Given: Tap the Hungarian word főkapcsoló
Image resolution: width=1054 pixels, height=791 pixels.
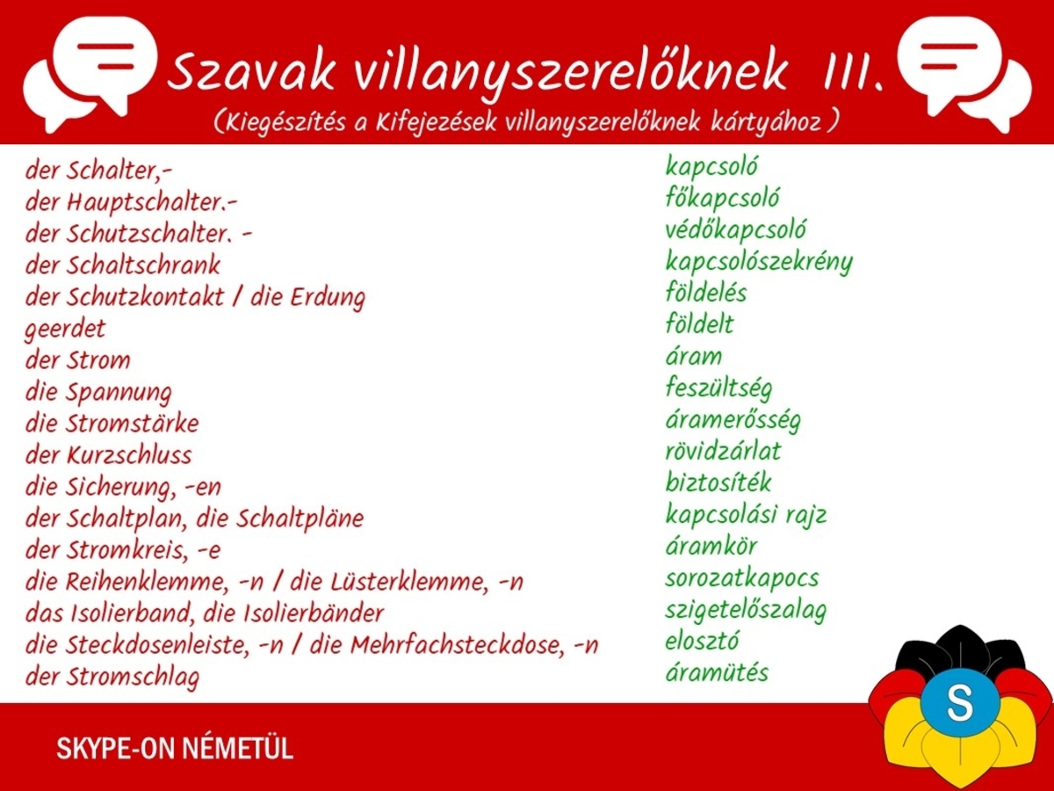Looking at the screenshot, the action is [x=723, y=199].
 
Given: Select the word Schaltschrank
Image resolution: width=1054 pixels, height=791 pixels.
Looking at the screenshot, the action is [x=143, y=265].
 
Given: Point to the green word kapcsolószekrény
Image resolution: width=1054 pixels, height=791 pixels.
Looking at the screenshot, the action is [x=759, y=262].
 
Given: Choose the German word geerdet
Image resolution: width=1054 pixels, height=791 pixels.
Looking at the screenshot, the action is [x=65, y=330].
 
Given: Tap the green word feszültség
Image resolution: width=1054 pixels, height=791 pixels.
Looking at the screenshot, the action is [x=718, y=388].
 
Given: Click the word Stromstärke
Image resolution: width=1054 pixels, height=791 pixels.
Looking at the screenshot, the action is [x=132, y=424].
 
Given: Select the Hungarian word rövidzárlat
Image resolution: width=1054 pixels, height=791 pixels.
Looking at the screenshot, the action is [x=723, y=452].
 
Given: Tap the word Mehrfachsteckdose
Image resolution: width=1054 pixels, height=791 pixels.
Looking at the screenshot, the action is [x=456, y=645].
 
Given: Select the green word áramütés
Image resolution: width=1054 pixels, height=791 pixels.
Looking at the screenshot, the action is [x=717, y=673].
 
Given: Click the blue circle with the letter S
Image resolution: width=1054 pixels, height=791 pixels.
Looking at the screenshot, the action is [x=960, y=702].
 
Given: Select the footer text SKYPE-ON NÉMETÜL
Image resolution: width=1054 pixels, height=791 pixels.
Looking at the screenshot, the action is [x=175, y=748].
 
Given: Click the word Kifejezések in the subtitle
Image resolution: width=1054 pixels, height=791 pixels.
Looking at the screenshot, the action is [x=436, y=122].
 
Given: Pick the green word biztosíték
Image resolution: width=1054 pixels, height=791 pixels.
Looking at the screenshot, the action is [x=718, y=483].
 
